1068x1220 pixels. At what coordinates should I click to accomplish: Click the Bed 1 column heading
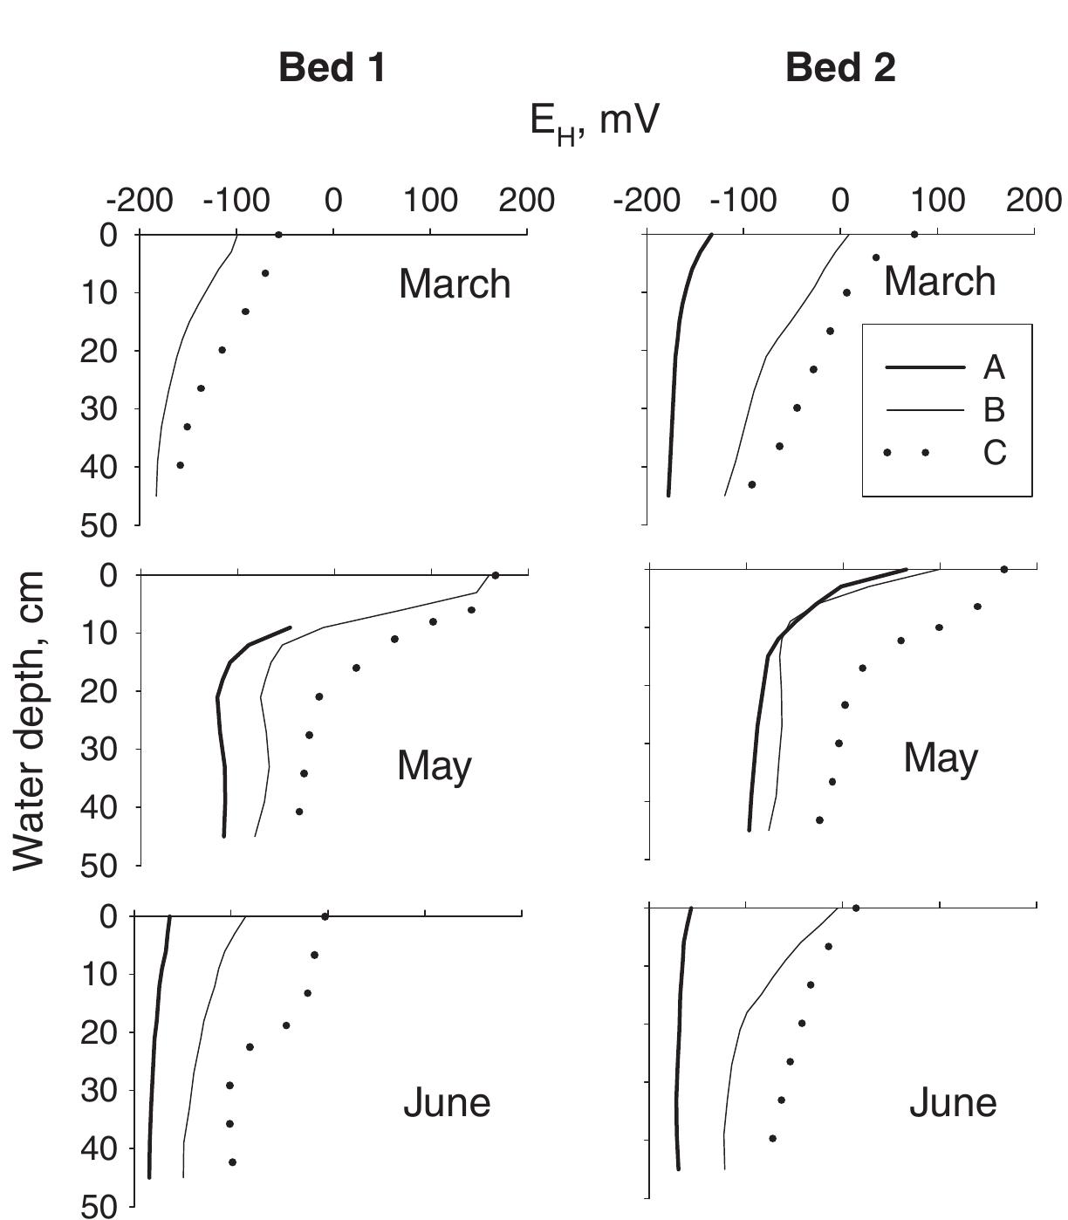(332, 68)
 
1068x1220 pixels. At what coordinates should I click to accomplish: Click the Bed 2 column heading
(840, 68)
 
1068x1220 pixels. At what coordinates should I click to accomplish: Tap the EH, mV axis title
(593, 121)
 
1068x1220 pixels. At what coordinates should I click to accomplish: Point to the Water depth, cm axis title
(31, 720)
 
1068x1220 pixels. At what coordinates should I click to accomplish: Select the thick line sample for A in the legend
(924, 367)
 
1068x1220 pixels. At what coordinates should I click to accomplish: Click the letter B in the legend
(994, 409)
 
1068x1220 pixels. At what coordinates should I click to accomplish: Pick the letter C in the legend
(995, 452)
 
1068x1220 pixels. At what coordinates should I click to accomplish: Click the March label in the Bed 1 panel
(455, 284)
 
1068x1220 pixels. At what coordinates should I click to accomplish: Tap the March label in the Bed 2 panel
(940, 282)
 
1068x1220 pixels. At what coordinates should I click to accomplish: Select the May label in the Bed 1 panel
(435, 766)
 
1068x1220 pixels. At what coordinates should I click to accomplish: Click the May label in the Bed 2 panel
(941, 757)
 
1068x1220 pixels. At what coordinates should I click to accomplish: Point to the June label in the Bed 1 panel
(447, 1103)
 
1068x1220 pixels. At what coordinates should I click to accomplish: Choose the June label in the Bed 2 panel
(953, 1103)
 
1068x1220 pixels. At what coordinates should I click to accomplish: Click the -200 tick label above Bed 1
(135, 201)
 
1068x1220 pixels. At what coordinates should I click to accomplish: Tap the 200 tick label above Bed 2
(1034, 201)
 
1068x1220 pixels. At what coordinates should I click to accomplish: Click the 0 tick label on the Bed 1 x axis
(333, 201)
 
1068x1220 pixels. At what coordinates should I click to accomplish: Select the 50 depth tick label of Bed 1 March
(99, 525)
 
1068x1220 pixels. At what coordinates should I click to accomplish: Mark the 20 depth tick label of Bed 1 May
(99, 691)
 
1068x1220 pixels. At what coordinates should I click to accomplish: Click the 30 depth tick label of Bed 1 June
(99, 1090)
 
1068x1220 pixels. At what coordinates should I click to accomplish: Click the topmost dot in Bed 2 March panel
(914, 234)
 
